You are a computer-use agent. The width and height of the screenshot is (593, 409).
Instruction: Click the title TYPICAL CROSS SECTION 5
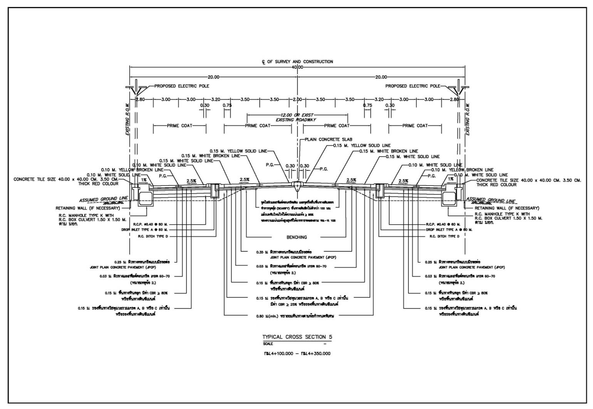coord(297,337)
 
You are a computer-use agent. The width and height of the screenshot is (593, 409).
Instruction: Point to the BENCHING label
coord(296,237)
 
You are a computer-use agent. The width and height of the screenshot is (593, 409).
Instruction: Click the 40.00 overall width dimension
coord(297,67)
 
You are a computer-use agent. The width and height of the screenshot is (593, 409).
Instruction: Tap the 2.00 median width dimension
coord(297,99)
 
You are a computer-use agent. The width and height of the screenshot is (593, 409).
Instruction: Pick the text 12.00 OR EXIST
coord(297,115)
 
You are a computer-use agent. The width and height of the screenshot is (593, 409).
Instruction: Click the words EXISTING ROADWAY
coord(296,120)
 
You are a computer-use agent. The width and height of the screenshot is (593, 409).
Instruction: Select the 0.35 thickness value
coord(260,252)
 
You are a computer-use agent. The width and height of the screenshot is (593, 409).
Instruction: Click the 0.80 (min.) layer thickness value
coord(260,316)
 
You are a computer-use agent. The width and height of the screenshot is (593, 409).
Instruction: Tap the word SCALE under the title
coord(268,344)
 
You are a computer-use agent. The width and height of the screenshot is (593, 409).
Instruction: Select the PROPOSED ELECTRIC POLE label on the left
coord(181,86)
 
